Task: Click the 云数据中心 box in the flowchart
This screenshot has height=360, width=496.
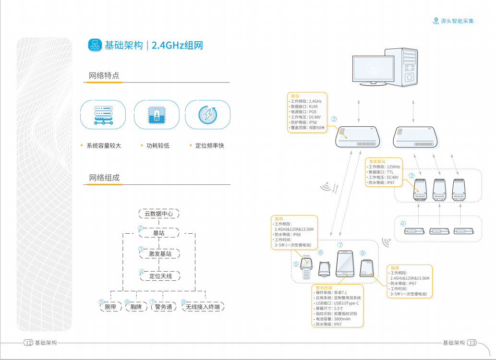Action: click(158, 214)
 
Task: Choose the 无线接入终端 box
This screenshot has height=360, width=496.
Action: click(203, 307)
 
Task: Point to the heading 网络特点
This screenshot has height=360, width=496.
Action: click(104, 76)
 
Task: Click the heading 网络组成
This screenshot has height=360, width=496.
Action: click(104, 178)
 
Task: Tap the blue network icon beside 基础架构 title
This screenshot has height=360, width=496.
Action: click(95, 45)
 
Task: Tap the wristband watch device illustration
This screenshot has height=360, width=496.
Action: click(306, 265)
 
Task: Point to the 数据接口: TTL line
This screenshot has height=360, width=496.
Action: click(381, 172)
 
